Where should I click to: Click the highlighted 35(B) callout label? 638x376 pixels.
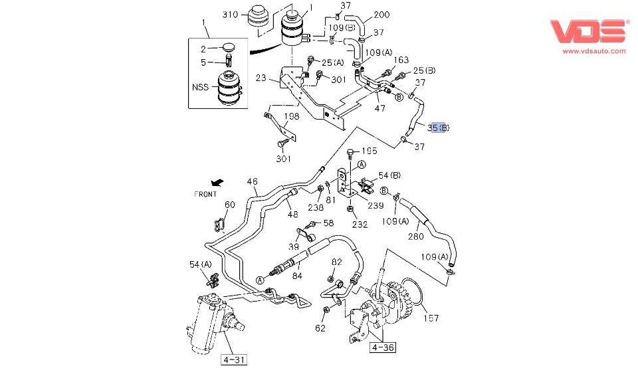(439, 127)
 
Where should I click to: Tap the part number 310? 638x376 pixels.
(230, 15)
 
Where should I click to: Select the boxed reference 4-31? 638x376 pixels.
(234, 360)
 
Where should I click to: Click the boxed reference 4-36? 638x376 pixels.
(382, 347)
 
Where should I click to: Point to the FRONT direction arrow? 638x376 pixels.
(215, 182)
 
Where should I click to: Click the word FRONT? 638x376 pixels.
(206, 195)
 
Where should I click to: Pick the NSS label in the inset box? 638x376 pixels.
(200, 86)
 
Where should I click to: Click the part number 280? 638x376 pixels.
(415, 236)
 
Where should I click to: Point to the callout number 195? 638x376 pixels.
(369, 151)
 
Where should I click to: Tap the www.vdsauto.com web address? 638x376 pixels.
(594, 51)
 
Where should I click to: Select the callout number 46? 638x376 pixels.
(253, 181)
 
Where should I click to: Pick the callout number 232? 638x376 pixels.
(360, 225)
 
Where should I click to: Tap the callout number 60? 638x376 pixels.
(229, 205)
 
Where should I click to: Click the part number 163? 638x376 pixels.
(401, 60)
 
